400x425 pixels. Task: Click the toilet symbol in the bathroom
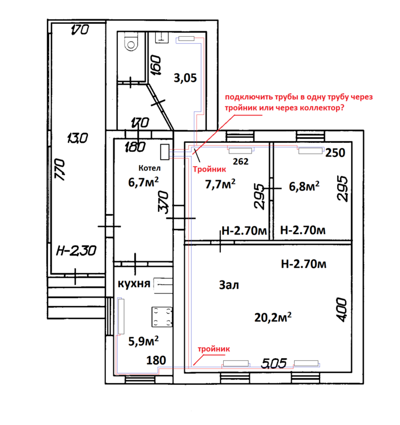[131, 42]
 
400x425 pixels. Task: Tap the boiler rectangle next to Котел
[165, 152]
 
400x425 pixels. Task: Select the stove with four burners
[162, 317]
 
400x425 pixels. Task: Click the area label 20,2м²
[273, 317]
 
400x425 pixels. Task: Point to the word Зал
[229, 285]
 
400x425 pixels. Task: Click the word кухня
[134, 283]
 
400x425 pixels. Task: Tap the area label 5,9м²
[143, 341]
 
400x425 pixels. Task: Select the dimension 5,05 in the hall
[274, 363]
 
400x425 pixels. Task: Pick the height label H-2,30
[76, 250]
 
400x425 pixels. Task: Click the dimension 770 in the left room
[60, 170]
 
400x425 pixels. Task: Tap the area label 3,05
[185, 78]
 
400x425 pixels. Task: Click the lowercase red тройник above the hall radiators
[214, 349]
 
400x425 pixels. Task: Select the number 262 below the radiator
[241, 161]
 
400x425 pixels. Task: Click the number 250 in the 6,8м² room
[335, 153]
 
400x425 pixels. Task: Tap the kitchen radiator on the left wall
[121, 316]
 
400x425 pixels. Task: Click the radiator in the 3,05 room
[186, 39]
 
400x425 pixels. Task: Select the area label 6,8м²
[304, 186]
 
